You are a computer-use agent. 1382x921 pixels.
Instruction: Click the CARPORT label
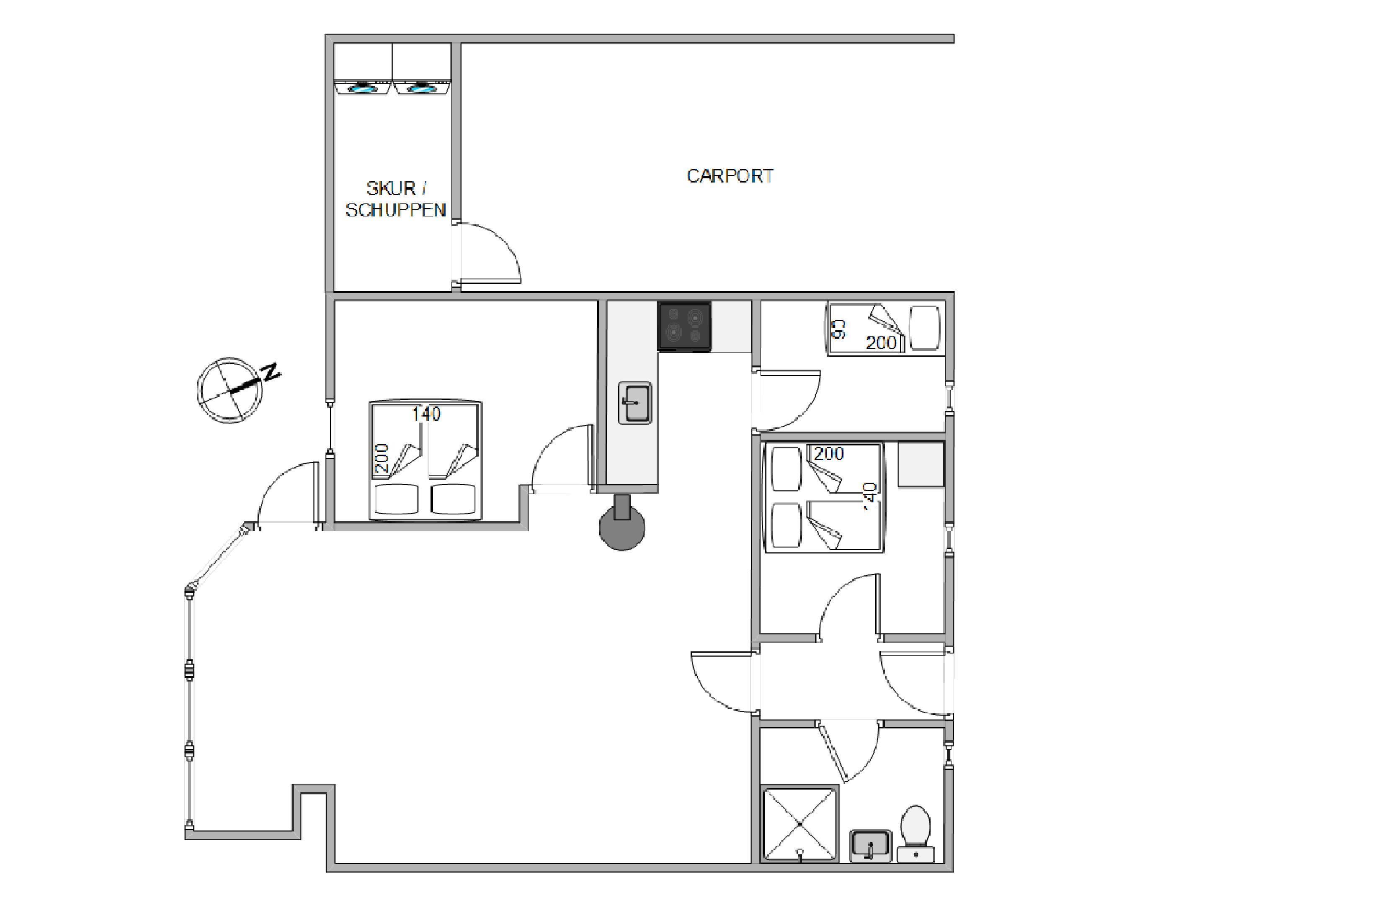730,176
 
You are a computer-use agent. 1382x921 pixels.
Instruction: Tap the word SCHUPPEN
395,210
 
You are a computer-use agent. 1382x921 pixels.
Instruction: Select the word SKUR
391,188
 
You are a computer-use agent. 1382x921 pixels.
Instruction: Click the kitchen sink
634,403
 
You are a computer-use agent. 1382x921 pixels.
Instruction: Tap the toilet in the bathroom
915,834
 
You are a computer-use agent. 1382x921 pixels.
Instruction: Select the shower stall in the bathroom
800,824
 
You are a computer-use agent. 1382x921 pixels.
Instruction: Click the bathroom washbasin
871,845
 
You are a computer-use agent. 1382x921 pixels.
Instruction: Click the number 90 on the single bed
840,329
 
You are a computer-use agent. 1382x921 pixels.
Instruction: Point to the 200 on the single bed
881,342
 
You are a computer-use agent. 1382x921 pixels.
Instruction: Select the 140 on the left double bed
426,414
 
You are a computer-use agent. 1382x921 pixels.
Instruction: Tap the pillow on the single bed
924,328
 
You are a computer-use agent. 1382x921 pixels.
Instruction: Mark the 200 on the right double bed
828,453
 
